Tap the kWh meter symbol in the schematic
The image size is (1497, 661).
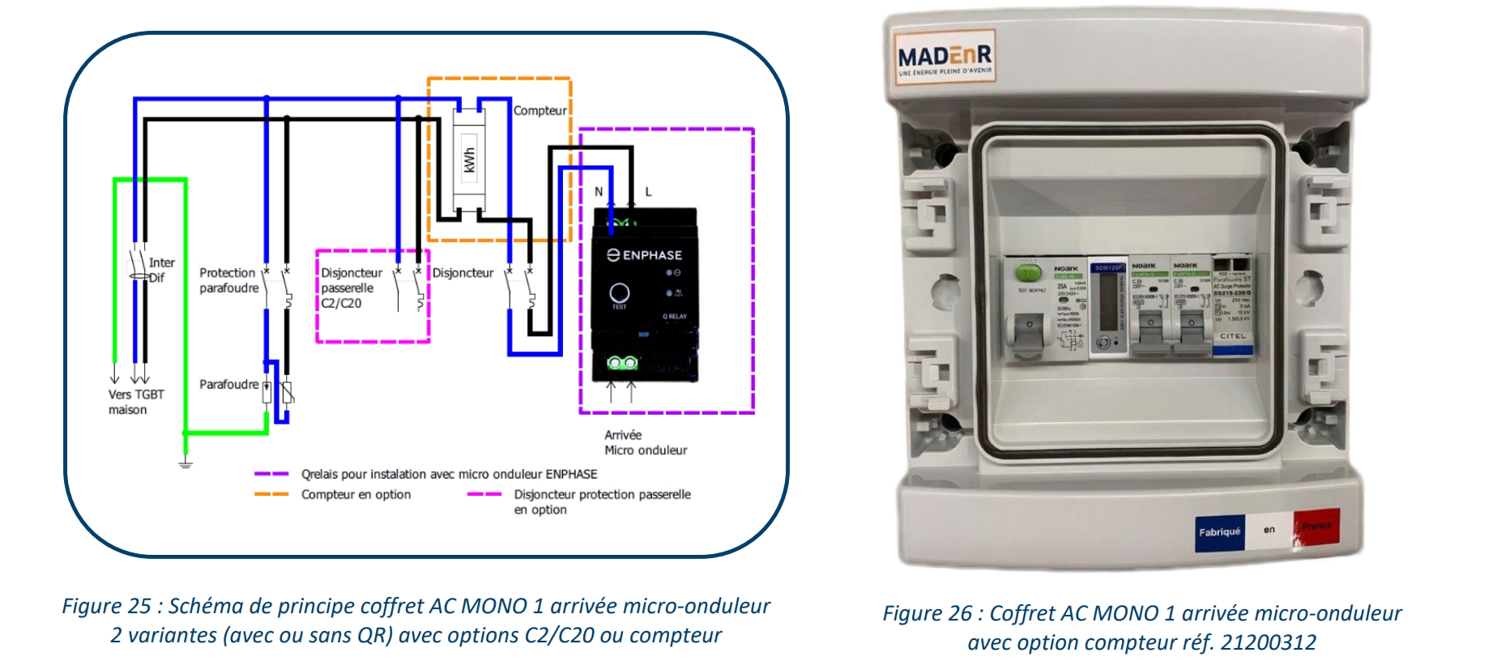pos(468,160)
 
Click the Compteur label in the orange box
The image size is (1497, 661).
pos(540,110)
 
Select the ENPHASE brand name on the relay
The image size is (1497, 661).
pos(645,255)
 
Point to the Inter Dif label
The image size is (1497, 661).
pos(160,270)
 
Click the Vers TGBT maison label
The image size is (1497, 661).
pos(135,402)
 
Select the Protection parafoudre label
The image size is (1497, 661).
pos(228,280)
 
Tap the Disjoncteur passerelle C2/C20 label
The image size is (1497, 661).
pos(351,288)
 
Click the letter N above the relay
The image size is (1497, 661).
pos(599,192)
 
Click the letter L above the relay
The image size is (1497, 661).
pos(648,192)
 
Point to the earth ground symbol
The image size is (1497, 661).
pos(186,463)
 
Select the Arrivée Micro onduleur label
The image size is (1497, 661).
pos(645,442)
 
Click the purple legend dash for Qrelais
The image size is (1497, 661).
pos(271,474)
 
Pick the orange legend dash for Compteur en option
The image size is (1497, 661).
pos(271,494)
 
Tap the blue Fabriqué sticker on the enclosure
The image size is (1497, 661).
pos(1219,532)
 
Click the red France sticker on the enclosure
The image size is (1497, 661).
pos(1316,527)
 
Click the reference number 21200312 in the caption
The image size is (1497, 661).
pos(1268,642)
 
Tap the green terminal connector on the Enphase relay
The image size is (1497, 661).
pos(622,363)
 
